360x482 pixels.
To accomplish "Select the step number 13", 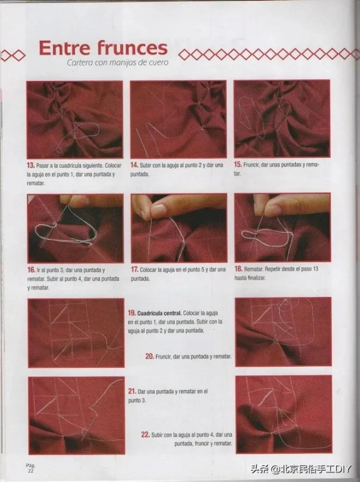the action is (x=31, y=166).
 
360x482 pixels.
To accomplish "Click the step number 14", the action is (x=134, y=165).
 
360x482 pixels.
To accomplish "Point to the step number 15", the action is (x=238, y=164).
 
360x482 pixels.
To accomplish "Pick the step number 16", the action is (x=31, y=270).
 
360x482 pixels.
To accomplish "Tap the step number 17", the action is (x=135, y=270).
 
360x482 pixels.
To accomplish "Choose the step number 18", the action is (x=238, y=269).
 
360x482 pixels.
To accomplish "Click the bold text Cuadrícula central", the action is (x=159, y=313).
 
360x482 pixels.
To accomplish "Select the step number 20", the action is (x=149, y=357).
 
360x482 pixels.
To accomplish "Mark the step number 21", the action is (x=132, y=391).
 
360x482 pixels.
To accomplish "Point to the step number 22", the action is (x=145, y=435).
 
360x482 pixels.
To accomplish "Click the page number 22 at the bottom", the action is (x=31, y=471).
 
